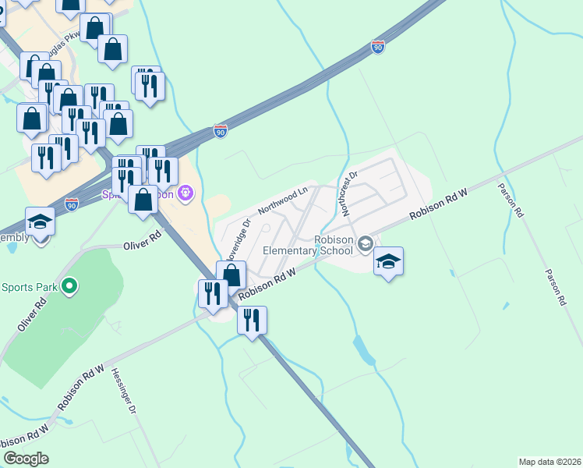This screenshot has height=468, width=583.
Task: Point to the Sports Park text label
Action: tap(29, 287)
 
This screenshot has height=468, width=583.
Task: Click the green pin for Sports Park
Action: tap(69, 287)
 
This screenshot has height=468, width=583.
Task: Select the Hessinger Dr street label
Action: tap(124, 390)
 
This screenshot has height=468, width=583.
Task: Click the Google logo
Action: tap(26, 459)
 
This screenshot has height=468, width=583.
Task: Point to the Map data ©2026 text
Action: tap(550, 461)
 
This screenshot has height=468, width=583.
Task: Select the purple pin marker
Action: tap(185, 192)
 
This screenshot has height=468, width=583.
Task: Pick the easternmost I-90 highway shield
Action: tap(378, 47)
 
